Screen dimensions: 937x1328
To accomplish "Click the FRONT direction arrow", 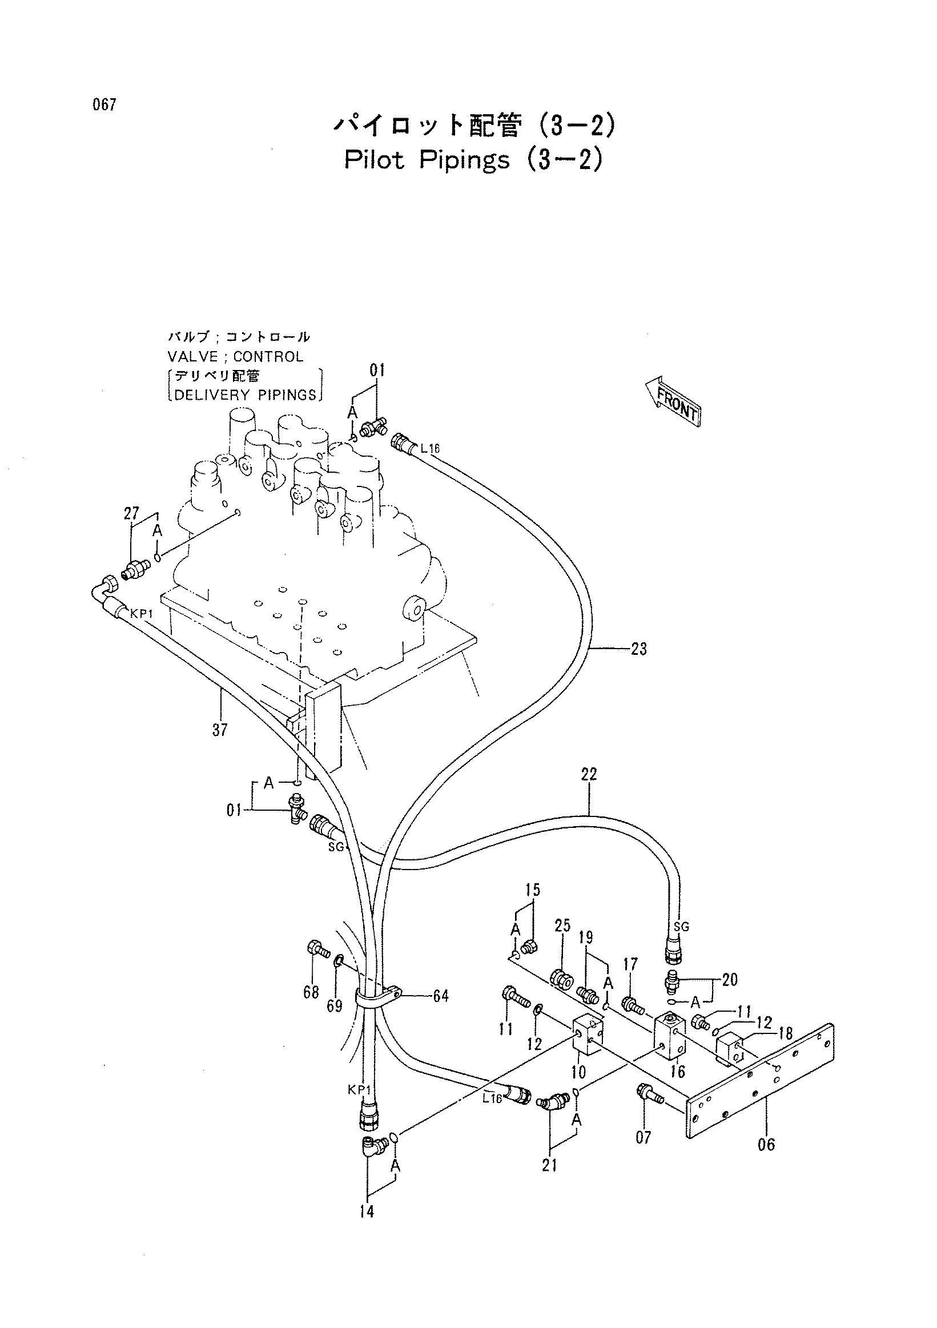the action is (x=673, y=401).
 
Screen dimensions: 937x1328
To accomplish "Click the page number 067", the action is (x=103, y=105).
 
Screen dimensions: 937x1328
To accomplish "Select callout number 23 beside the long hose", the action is (x=638, y=649).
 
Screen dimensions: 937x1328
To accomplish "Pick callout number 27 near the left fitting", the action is (x=131, y=514).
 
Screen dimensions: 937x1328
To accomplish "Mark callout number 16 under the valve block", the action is (x=678, y=1072).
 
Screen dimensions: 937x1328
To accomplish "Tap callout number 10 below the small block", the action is (x=578, y=1072).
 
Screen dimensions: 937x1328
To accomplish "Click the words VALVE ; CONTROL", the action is (x=235, y=357).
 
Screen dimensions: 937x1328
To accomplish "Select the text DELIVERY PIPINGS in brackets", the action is (x=245, y=395).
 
